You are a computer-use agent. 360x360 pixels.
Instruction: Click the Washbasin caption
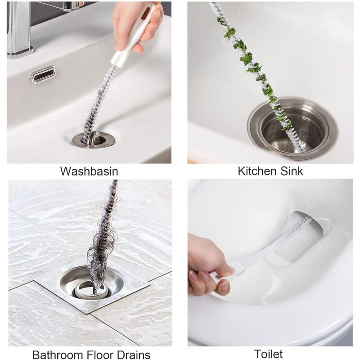89,171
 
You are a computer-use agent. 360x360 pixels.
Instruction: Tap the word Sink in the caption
291,171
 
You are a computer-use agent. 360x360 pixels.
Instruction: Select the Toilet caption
268,353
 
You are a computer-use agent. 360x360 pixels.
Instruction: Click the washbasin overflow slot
43,75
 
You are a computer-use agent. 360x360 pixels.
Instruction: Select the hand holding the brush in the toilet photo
205,270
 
